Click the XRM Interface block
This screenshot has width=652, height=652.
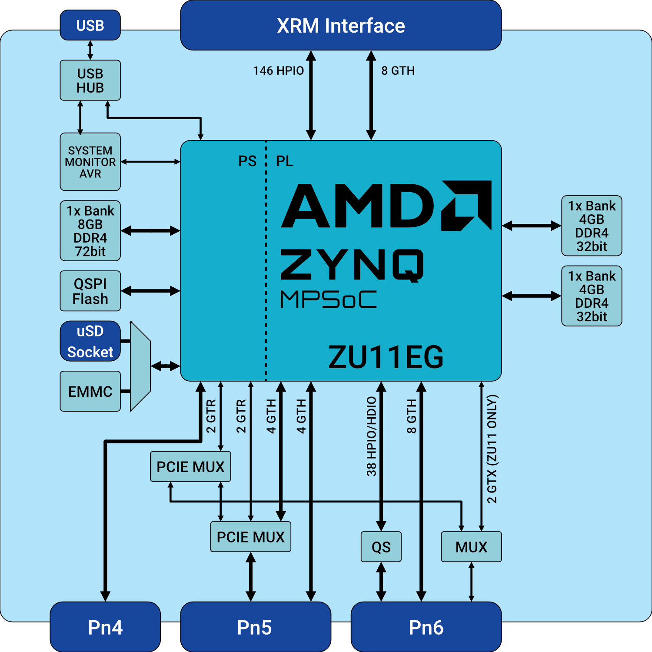pyautogui.click(x=341, y=26)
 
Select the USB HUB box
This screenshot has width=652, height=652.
pyautogui.click(x=90, y=80)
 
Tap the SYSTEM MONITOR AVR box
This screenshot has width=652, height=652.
pyautogui.click(x=90, y=162)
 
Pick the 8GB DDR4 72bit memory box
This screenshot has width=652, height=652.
pyautogui.click(x=90, y=231)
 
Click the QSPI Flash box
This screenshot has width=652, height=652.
pyautogui.click(x=90, y=291)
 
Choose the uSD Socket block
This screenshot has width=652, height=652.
pyautogui.click(x=90, y=341)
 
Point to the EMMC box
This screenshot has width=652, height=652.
pyautogui.click(x=90, y=391)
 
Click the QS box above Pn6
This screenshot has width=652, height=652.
pyautogui.click(x=381, y=547)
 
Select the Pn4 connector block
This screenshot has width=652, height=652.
pyautogui.click(x=105, y=627)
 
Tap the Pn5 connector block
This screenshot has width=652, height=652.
pyautogui.click(x=255, y=627)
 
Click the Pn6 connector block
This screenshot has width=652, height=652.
pyautogui.click(x=426, y=627)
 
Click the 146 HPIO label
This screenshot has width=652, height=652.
pyautogui.click(x=279, y=70)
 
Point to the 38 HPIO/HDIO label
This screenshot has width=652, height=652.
pyautogui.click(x=372, y=436)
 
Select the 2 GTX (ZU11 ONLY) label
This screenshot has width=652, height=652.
pyautogui.click(x=492, y=449)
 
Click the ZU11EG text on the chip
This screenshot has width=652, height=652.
pyautogui.click(x=386, y=357)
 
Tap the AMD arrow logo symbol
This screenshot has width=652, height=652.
pyautogui.click(x=467, y=205)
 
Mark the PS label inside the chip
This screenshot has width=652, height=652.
pyautogui.click(x=247, y=161)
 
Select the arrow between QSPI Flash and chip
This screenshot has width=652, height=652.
pyautogui.click(x=150, y=291)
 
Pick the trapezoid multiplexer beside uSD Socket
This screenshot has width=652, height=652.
pyautogui.click(x=140, y=366)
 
